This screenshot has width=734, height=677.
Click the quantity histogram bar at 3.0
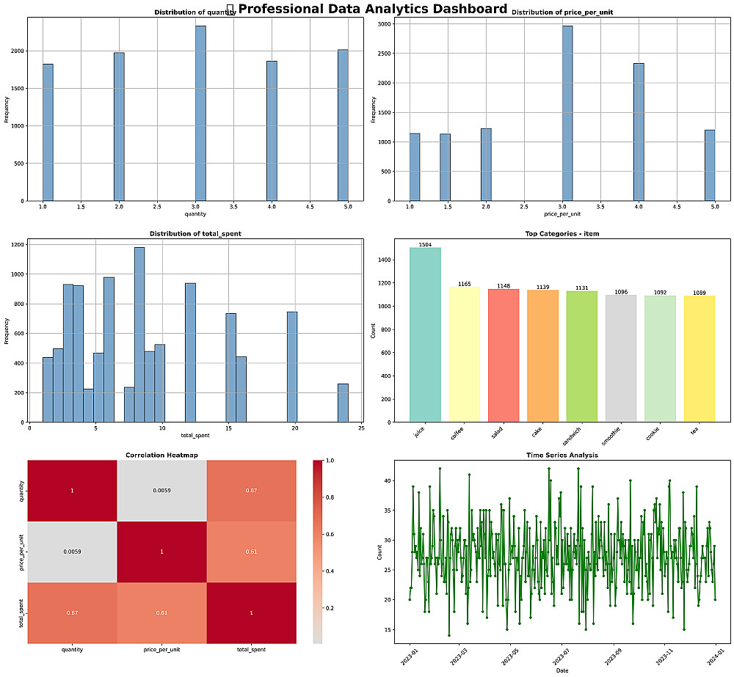(x=200, y=114)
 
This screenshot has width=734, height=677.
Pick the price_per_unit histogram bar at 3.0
(x=567, y=114)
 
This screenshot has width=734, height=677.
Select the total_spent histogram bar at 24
(x=343, y=403)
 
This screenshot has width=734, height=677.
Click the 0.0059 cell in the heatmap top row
(x=161, y=490)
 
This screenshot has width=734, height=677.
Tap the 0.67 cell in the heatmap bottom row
(x=72, y=612)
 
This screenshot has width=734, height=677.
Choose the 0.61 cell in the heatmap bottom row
(x=161, y=612)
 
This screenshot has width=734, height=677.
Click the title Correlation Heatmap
(x=161, y=455)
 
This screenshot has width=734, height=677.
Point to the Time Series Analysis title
(x=562, y=455)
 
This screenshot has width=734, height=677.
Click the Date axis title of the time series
(x=562, y=670)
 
